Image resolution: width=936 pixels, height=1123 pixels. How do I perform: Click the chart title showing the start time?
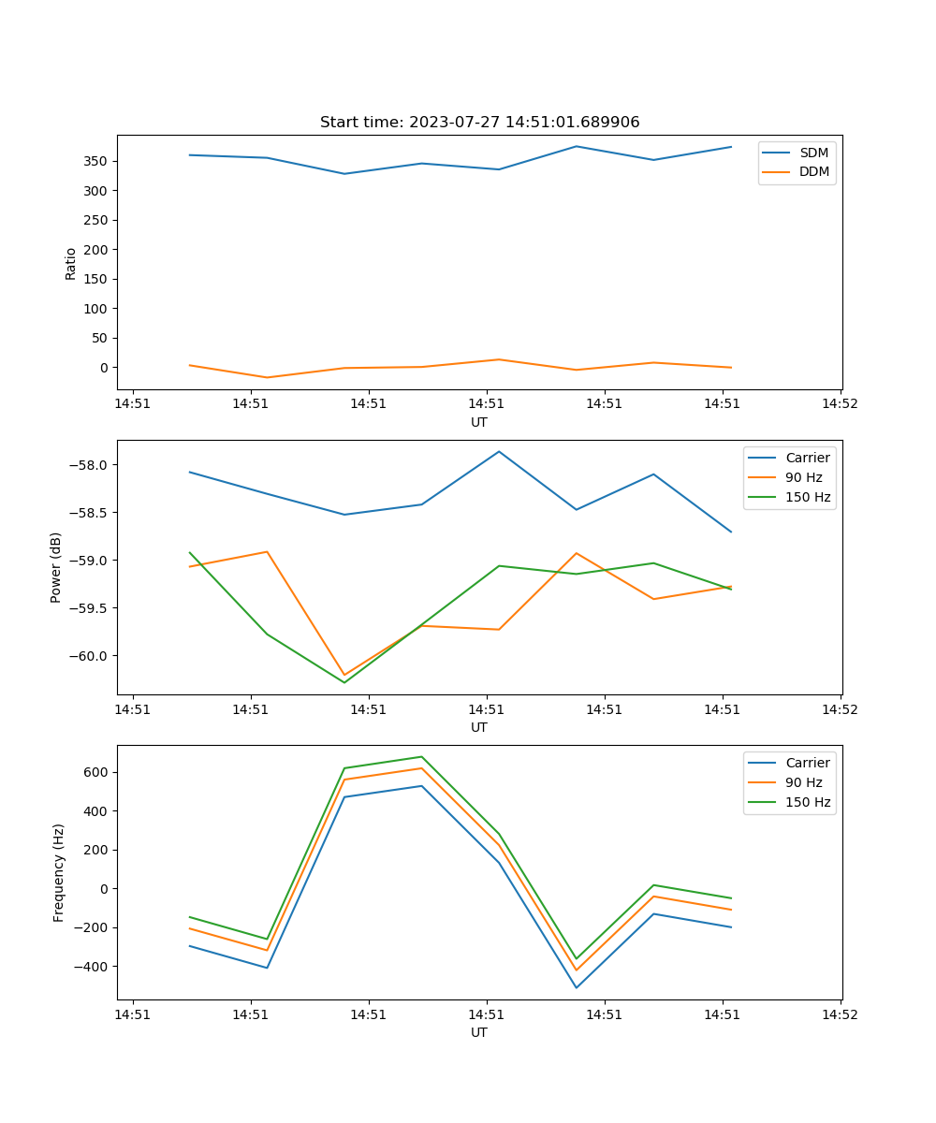tap(479, 123)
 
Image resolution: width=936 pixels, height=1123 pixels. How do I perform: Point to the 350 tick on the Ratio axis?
tap(95, 161)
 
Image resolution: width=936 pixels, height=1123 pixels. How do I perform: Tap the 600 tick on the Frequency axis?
tap(95, 772)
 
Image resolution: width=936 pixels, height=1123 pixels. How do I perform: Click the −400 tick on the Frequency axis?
tap(92, 966)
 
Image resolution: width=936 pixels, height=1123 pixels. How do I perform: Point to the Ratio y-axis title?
tap(71, 263)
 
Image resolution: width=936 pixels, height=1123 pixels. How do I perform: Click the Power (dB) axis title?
tap(56, 567)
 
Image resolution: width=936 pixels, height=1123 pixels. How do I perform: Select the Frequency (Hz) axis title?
tap(58, 872)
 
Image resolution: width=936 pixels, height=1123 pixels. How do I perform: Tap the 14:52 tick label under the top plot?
tap(840, 405)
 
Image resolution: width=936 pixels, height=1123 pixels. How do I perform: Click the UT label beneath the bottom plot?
tap(479, 1032)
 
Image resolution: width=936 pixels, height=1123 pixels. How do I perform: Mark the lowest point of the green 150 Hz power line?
tap(344, 682)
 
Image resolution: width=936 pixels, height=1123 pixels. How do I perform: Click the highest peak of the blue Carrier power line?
tap(499, 451)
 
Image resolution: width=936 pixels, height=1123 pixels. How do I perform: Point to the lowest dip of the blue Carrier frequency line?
tap(576, 987)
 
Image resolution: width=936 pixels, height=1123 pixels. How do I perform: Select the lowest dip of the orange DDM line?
tap(268, 378)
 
